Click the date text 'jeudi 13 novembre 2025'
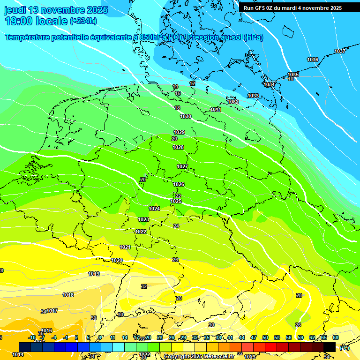(56, 10)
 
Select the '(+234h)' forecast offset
(83, 21)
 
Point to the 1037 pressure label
(340, 51)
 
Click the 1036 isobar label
(313, 60)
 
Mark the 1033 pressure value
(253, 96)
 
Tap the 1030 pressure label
(186, 116)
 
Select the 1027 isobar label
(182, 166)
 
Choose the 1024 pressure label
(154, 209)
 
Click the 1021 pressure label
(125, 247)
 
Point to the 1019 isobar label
(94, 274)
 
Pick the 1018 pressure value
(68, 295)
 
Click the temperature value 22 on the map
(178, 196)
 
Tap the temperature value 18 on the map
(177, 108)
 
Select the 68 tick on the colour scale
(336, 337)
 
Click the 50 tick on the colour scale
(265, 337)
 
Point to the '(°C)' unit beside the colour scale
(344, 347)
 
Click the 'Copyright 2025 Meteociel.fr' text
(198, 356)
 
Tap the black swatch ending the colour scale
(330, 347)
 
